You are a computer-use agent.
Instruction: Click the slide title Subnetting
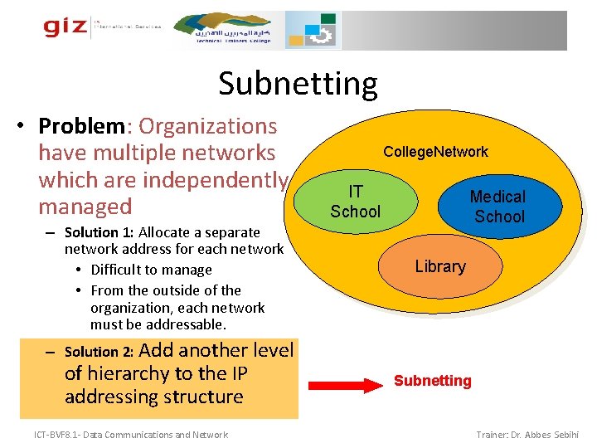298,84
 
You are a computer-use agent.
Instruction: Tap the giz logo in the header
66,27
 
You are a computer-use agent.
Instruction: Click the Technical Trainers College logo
233,30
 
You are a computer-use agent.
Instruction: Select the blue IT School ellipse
355,201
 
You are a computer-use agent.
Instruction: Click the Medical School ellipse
498,207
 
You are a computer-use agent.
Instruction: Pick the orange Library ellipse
440,266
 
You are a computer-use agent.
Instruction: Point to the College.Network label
435,151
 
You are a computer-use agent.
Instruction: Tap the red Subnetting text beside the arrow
432,381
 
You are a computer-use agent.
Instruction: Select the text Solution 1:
99,232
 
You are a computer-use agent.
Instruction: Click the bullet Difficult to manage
151,270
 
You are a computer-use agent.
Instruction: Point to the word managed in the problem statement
85,207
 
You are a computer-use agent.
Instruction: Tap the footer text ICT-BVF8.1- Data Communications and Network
131,435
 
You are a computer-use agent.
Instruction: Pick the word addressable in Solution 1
172,324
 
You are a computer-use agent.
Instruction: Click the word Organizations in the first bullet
208,126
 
